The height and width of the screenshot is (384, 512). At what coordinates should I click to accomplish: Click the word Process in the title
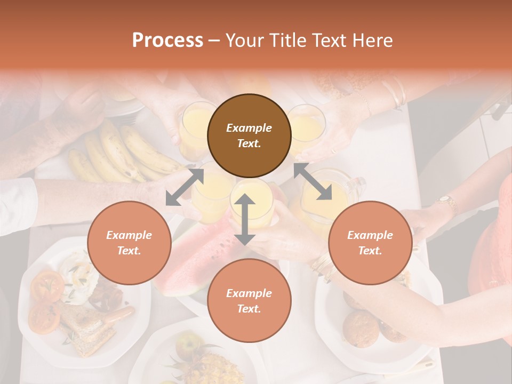click(167, 41)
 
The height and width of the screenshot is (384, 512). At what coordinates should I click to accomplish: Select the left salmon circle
click(129, 243)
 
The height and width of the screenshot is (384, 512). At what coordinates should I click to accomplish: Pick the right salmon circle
click(370, 243)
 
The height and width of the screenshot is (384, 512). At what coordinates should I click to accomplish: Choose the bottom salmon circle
click(249, 301)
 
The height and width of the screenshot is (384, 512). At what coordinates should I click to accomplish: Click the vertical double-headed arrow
click(245, 219)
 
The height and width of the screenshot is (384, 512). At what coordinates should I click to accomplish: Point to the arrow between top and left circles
click(185, 187)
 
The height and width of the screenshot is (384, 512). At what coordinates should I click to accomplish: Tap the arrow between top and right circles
click(313, 181)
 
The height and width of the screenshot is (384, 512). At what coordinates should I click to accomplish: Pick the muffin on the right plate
click(361, 327)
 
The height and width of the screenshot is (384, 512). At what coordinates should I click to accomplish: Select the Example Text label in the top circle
click(249, 135)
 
